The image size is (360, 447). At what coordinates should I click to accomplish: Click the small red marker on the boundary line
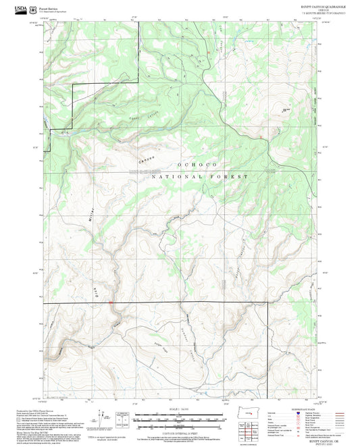[x=111, y=303]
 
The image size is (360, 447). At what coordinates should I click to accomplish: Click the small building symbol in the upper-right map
[x=285, y=108]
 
